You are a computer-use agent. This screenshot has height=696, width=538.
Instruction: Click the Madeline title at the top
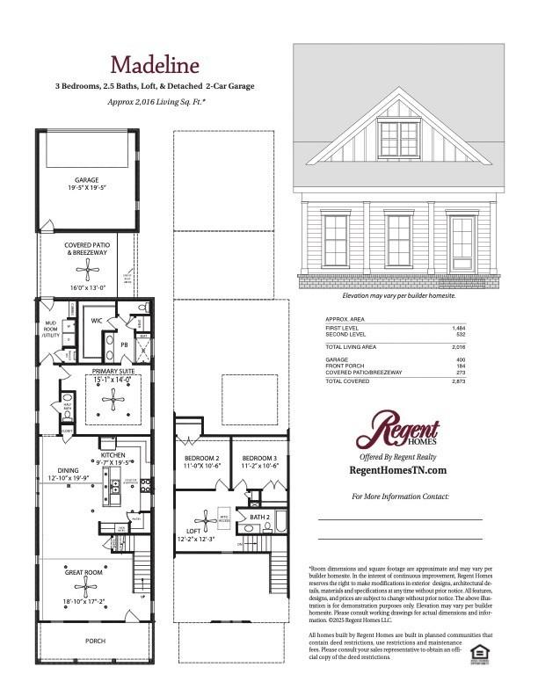[155, 64]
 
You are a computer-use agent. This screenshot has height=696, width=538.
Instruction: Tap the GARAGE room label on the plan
[86, 180]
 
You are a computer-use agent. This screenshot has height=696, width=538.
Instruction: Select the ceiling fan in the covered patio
[86, 269]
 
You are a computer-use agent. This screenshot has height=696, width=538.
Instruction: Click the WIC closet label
[97, 322]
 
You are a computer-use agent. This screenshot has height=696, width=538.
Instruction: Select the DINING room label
[69, 470]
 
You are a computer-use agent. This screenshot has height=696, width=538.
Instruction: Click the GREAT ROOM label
[85, 571]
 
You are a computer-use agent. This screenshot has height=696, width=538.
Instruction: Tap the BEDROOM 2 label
[201, 459]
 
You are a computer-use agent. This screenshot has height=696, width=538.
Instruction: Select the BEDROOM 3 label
[259, 459]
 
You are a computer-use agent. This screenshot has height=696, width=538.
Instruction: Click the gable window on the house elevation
[398, 137]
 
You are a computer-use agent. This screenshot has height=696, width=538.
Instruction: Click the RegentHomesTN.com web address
[398, 471]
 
